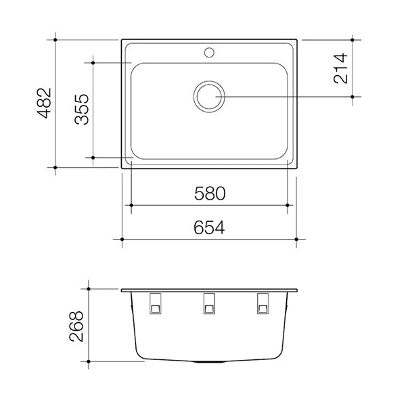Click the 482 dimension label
43,104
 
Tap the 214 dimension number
340,68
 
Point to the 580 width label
208,194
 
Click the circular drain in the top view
209,96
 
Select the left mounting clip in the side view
155,304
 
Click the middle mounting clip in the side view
209,304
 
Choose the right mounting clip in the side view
263,304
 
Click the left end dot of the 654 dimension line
122,240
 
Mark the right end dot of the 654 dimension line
296,240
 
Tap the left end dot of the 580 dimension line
131,204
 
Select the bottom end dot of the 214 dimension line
353,97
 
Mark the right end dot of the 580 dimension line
288,204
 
